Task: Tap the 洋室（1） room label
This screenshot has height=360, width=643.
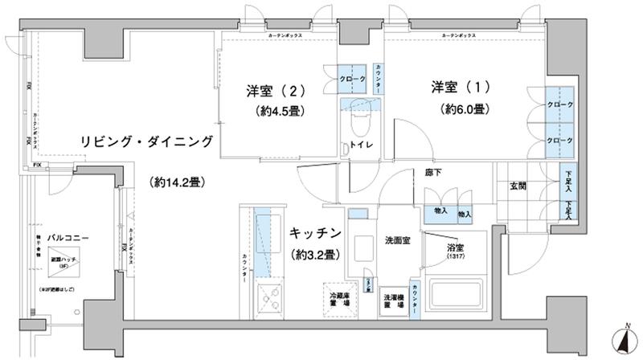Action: [x=459, y=87]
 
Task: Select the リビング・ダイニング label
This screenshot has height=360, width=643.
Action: [x=145, y=141]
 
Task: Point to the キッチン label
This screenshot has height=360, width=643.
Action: [x=313, y=234]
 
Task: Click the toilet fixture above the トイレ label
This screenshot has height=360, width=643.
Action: [x=357, y=123]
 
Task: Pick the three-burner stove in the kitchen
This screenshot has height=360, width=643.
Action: [x=269, y=301]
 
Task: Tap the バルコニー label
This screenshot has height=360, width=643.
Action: [x=48, y=238]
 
